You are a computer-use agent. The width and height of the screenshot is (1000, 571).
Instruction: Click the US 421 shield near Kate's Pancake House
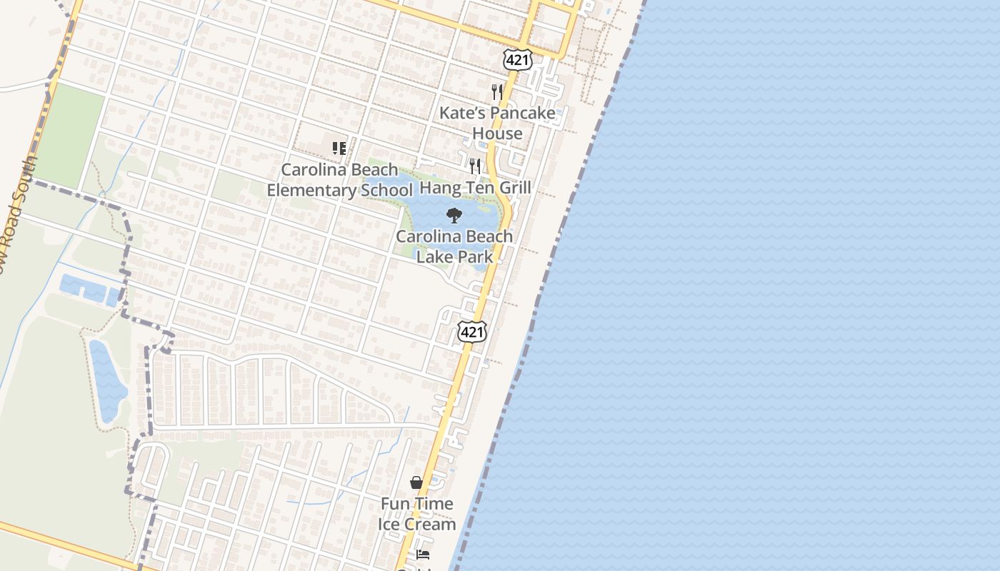coord(517,60)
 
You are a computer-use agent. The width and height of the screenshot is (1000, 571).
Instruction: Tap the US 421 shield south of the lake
coord(472,331)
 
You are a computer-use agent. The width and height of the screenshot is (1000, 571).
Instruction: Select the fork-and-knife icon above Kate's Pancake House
coord(497,92)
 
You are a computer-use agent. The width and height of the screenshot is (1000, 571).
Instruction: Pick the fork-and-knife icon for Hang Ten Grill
coord(475,166)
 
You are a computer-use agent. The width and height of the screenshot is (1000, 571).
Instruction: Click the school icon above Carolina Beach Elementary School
coord(339,148)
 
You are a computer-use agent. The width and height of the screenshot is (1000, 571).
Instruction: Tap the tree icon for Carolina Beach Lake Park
coord(454,216)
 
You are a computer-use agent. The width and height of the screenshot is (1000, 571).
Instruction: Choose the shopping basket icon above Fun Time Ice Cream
coord(416,482)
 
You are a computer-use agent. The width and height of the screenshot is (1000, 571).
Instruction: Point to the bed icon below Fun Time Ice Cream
coord(423,554)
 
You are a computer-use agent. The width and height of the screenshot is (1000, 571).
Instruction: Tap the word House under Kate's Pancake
coord(497,133)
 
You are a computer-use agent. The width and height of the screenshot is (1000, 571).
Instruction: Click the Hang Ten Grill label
coord(475,188)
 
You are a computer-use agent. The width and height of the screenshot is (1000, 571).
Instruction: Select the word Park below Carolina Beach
coord(474,256)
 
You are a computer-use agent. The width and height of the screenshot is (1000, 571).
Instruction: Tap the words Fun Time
coord(416,504)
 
